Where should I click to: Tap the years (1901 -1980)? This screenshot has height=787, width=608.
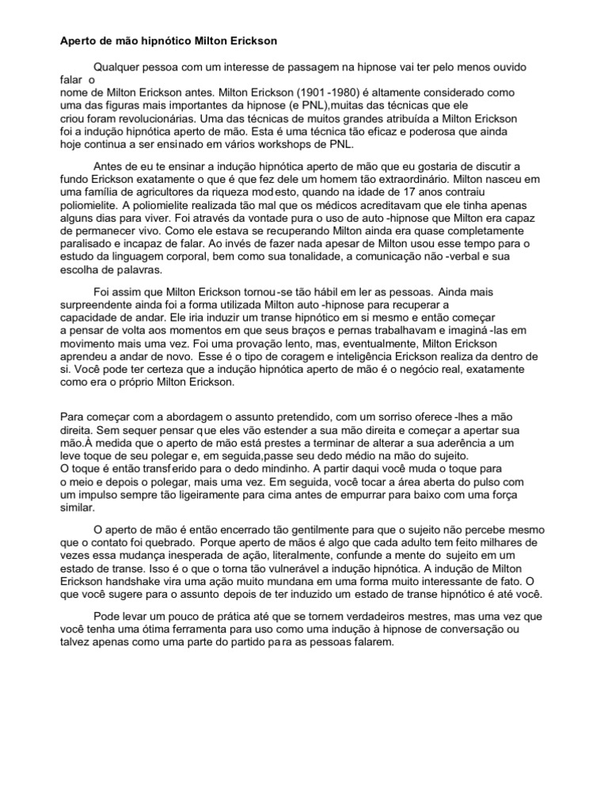coord(360,93)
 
